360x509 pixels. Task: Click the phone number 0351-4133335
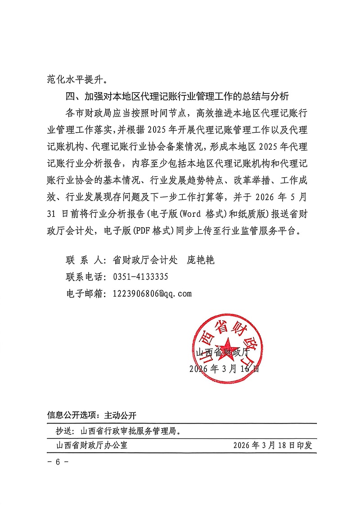click(x=140, y=277)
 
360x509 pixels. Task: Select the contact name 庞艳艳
click(x=201, y=260)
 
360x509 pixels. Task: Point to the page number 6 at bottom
click(x=58, y=462)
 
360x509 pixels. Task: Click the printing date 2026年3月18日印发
click(x=273, y=446)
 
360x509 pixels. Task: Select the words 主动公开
click(x=120, y=415)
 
